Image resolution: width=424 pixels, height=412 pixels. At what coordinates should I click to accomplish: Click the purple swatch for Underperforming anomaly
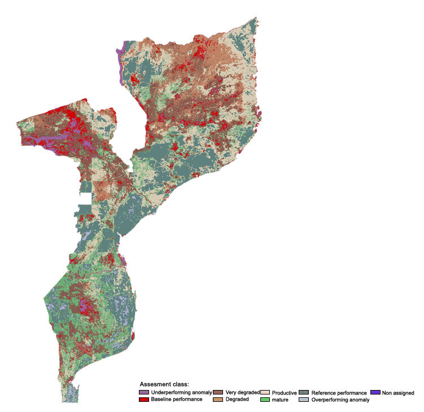pyautogui.click(x=144, y=392)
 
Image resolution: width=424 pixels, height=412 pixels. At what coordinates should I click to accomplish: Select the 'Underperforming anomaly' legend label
pyautogui.click(x=181, y=392)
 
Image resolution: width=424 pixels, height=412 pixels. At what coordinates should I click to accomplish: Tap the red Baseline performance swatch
pyautogui.click(x=144, y=400)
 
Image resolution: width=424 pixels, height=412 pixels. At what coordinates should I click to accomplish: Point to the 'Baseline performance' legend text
pyautogui.click(x=177, y=400)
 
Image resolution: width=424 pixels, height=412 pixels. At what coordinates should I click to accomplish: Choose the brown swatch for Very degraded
pyautogui.click(x=218, y=392)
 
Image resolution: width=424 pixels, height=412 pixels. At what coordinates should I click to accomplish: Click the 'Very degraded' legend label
pyautogui.click(x=242, y=392)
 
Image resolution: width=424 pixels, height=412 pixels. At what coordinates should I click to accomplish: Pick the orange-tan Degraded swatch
pyautogui.click(x=218, y=400)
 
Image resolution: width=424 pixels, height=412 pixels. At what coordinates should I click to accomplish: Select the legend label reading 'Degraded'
pyautogui.click(x=237, y=400)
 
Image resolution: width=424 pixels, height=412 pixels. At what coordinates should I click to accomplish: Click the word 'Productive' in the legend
pyautogui.click(x=285, y=392)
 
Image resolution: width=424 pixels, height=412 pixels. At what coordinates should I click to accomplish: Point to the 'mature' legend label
pyautogui.click(x=281, y=400)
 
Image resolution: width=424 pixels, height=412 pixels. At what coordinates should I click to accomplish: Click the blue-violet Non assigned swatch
pyautogui.click(x=375, y=392)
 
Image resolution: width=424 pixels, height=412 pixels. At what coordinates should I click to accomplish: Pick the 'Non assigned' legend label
pyautogui.click(x=398, y=392)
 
